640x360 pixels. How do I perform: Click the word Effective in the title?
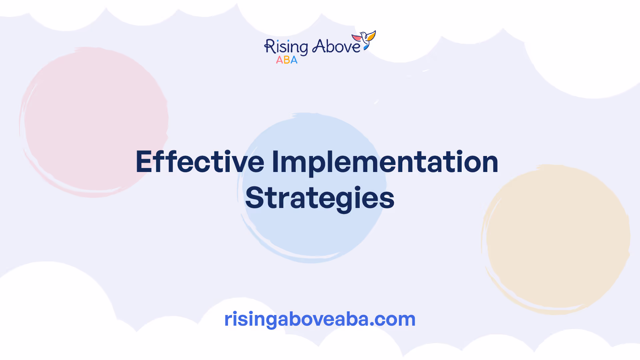point(200,162)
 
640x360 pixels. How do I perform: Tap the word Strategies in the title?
point(320,199)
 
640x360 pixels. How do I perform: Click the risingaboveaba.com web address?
point(320,319)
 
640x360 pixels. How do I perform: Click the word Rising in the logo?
point(286,47)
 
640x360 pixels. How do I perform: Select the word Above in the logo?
point(336,46)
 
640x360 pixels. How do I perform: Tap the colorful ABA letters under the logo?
point(287,60)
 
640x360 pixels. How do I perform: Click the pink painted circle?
point(94,122)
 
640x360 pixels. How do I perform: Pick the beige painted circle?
point(556,239)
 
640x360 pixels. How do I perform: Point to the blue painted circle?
point(312,188)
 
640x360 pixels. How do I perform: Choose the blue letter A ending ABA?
point(294,60)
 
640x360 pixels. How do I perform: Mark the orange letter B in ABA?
point(287,60)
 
